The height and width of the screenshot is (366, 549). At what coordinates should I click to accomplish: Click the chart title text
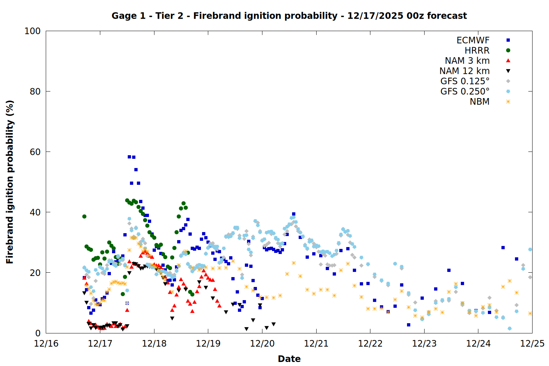[x=289, y=16]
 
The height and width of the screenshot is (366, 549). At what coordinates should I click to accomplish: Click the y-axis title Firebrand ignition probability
[x=10, y=182]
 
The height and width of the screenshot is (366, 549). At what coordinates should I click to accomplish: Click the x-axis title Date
[x=289, y=359]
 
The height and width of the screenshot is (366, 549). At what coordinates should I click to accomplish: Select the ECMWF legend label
[x=473, y=40]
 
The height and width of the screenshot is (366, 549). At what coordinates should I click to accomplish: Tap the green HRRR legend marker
[x=508, y=51]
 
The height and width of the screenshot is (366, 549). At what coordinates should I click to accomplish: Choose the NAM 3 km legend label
[x=467, y=61]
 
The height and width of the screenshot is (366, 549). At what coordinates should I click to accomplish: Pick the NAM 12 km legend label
[x=464, y=71]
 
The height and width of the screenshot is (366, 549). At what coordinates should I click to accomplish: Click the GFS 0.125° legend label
[x=465, y=81]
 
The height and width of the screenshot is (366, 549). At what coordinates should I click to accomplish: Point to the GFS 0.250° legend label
[x=465, y=91]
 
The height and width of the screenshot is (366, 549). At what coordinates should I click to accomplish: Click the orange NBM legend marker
[x=508, y=102]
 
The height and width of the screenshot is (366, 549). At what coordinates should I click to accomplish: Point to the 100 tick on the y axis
[x=33, y=31]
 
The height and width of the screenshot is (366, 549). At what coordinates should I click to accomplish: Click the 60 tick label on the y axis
[x=35, y=152]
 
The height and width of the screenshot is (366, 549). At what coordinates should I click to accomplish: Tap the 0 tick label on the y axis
[x=38, y=333]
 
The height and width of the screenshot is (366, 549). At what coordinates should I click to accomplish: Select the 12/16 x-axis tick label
[x=46, y=344]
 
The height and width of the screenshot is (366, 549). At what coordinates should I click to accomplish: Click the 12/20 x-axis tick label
[x=262, y=344]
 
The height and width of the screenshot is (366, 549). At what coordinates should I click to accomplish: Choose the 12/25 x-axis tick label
[x=532, y=344]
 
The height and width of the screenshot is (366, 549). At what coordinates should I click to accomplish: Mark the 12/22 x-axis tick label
[x=370, y=344]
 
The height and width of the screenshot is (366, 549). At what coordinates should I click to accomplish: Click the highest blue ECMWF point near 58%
[x=129, y=157]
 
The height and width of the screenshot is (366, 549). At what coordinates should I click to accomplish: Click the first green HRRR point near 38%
[x=84, y=216]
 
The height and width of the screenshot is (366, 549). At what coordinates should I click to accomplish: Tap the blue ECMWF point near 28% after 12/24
[x=503, y=248]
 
